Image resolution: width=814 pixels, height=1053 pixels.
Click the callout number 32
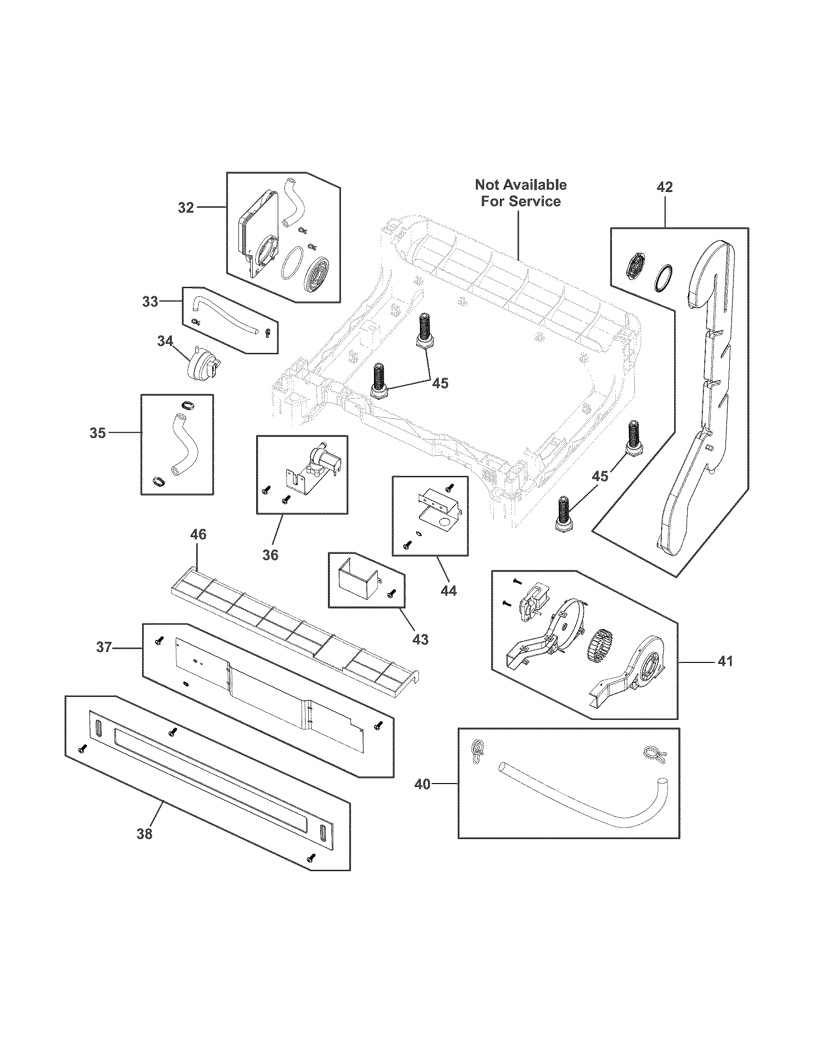click(x=186, y=208)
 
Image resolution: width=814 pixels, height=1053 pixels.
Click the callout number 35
click(x=98, y=433)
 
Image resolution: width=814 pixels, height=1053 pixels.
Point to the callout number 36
click(x=270, y=555)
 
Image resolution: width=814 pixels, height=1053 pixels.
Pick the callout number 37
click(x=104, y=647)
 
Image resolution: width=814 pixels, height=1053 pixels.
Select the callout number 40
click(x=422, y=784)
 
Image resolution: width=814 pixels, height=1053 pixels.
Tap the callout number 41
click(x=725, y=661)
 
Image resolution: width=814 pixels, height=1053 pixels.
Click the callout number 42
click(x=665, y=187)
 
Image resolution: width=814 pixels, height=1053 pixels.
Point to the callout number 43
click(x=420, y=639)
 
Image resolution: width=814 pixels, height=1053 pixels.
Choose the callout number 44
click(x=449, y=590)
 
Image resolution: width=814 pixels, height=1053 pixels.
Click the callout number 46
click(x=198, y=534)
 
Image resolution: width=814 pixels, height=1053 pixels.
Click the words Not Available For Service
click(x=521, y=193)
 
